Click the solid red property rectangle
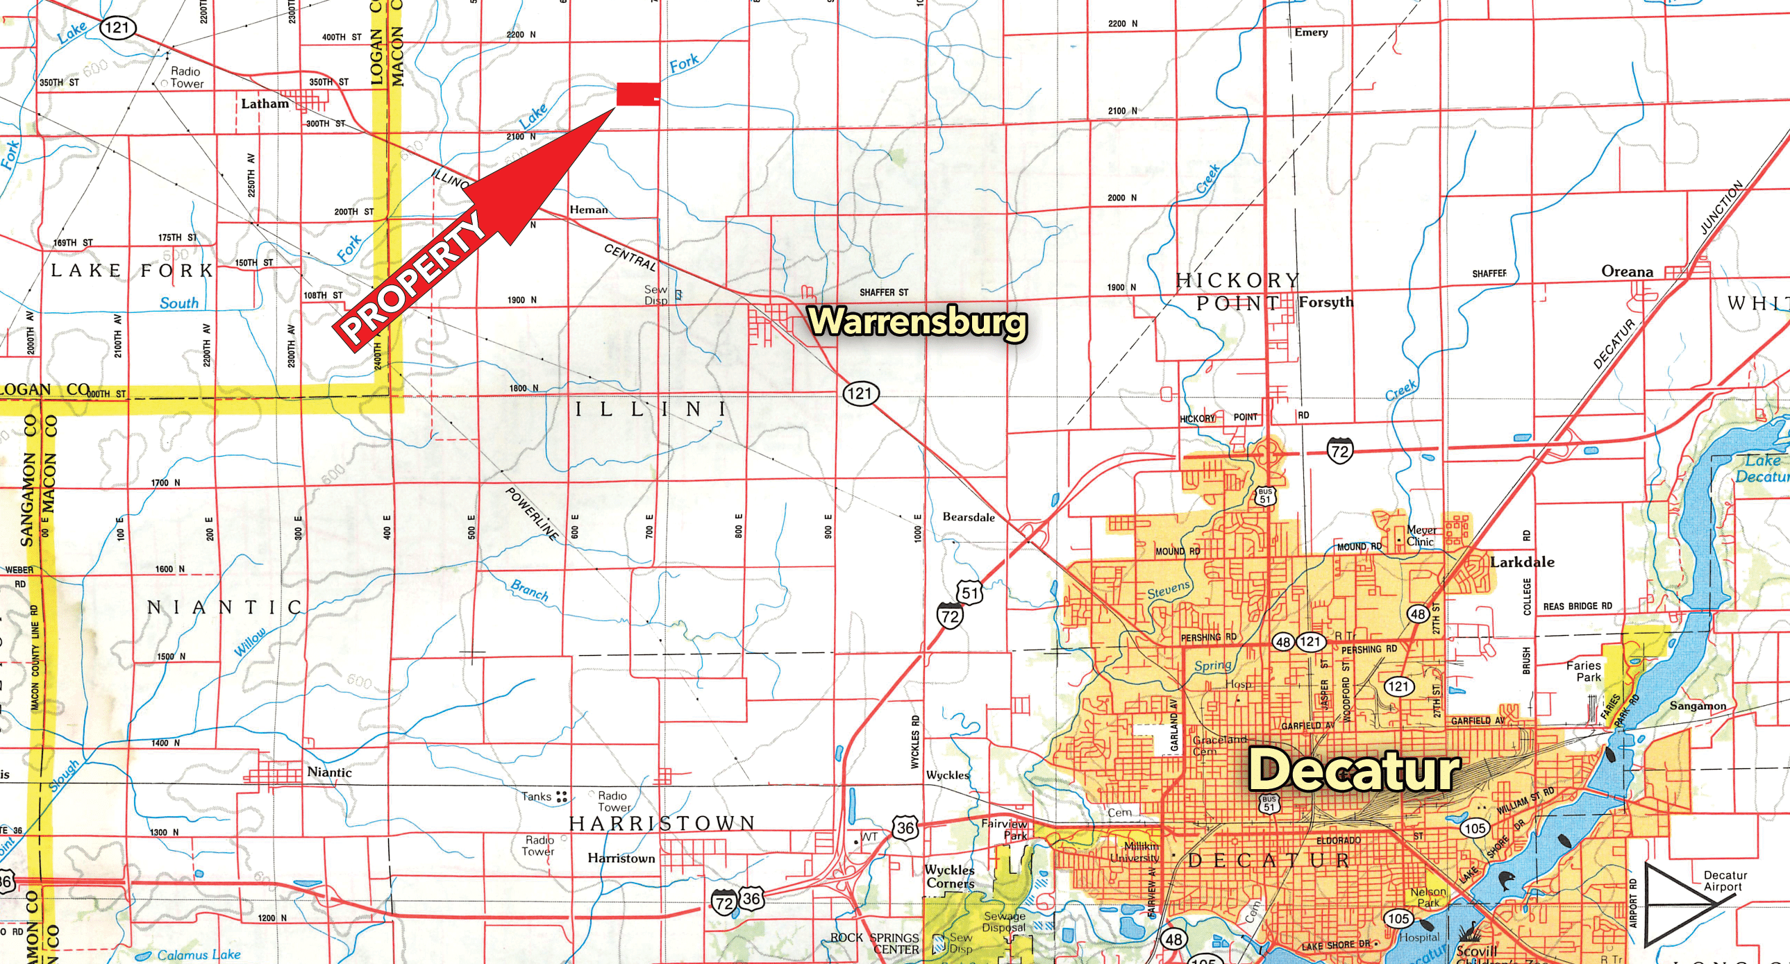(x=637, y=94)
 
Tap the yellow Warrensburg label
(x=918, y=322)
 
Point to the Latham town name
(x=265, y=104)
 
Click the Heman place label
(x=588, y=210)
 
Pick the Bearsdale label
(x=968, y=518)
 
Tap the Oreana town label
(x=1627, y=271)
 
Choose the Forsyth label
(x=1325, y=302)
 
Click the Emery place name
(x=1310, y=33)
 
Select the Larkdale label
(x=1522, y=562)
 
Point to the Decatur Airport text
(x=1725, y=881)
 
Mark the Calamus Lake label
(x=199, y=955)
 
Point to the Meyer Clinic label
(x=1422, y=536)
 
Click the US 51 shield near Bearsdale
(x=970, y=593)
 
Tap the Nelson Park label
(x=1428, y=897)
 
